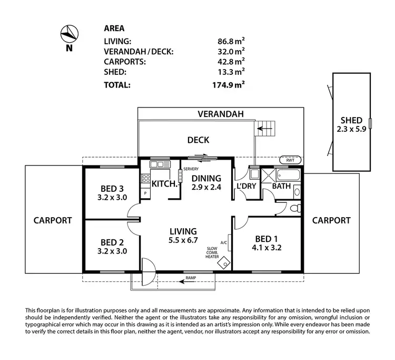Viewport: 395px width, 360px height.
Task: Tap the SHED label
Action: coord(351,120)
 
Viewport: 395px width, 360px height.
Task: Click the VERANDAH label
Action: coord(221,113)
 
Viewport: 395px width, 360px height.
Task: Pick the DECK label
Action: coord(198,140)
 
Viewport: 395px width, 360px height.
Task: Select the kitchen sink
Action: coord(157,165)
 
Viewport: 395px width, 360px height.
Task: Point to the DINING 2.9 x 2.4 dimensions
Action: coord(205,188)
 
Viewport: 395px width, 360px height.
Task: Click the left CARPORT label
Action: coord(52,220)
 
